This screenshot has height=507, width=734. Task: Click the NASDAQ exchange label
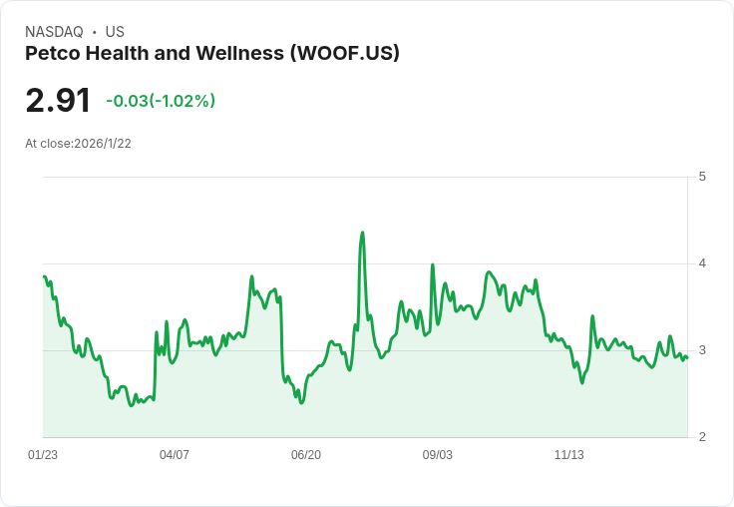pyautogui.click(x=54, y=32)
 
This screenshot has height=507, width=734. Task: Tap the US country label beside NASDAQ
pyautogui.click(x=114, y=32)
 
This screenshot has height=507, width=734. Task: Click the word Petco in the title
pyautogui.click(x=52, y=53)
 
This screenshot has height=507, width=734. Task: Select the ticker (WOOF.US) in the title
pyautogui.click(x=344, y=53)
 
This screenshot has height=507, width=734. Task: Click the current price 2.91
pyautogui.click(x=58, y=100)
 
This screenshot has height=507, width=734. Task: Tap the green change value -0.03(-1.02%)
pyautogui.click(x=161, y=101)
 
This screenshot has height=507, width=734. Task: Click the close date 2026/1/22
pyautogui.click(x=103, y=144)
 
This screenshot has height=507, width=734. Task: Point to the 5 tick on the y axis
pyautogui.click(x=702, y=177)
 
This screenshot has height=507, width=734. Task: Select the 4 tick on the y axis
pyautogui.click(x=702, y=263)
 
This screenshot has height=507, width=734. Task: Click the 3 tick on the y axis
pyautogui.click(x=702, y=350)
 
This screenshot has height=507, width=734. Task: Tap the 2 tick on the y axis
pyautogui.click(x=702, y=437)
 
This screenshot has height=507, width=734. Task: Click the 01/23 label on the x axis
pyautogui.click(x=43, y=455)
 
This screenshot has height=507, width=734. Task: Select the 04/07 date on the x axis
pyautogui.click(x=175, y=455)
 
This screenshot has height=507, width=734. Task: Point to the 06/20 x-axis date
pyautogui.click(x=306, y=455)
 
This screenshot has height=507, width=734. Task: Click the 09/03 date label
pyautogui.click(x=438, y=455)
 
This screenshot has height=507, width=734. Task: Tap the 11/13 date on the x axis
pyautogui.click(x=569, y=455)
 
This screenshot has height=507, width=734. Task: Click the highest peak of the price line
pyautogui.click(x=362, y=233)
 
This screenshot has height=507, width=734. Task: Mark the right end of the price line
pyautogui.click(x=687, y=358)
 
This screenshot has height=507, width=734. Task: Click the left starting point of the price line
pyautogui.click(x=44, y=276)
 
